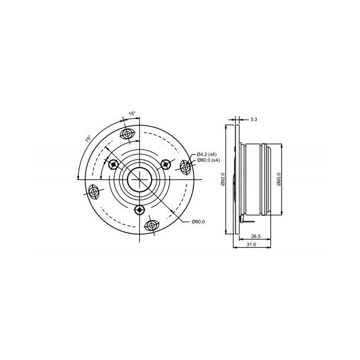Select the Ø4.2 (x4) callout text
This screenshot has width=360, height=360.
pos(207,155)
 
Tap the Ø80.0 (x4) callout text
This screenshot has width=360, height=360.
pos(208,161)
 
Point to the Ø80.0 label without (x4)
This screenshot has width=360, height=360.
pos(198,222)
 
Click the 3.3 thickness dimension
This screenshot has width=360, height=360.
pos(253,120)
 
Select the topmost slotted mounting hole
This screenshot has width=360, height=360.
pos(129,136)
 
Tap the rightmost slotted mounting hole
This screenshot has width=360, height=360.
pos(185,167)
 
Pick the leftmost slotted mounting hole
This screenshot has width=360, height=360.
pos(93,191)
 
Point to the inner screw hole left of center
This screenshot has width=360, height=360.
pos(112,162)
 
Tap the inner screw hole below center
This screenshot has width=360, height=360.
pos(139,210)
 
